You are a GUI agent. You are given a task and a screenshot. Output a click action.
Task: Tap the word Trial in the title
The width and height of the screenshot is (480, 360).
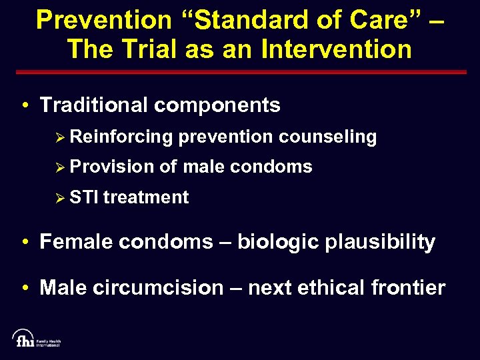(x=149, y=49)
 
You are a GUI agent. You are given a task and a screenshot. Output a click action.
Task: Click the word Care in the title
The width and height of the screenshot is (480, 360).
(x=382, y=20)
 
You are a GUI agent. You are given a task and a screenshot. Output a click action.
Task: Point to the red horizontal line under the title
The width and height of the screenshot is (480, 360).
(x=240, y=72)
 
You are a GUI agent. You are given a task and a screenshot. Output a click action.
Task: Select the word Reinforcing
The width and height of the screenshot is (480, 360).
(x=121, y=137)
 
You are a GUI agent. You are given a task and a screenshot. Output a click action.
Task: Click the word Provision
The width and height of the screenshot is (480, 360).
(x=111, y=167)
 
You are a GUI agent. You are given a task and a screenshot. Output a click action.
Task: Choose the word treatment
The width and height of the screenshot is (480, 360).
(x=146, y=197)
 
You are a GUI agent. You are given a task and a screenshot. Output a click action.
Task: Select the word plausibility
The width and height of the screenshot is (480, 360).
(x=380, y=242)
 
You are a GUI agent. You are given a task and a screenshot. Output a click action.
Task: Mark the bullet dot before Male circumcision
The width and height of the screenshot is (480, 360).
(x=24, y=289)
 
